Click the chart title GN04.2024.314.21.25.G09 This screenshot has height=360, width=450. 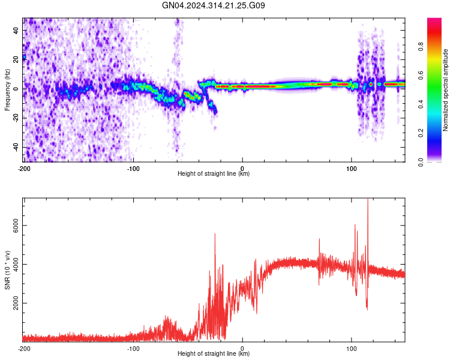[x=214, y=5]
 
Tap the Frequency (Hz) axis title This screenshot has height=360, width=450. [x=8, y=89]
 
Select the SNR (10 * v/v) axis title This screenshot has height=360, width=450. [x=8, y=269]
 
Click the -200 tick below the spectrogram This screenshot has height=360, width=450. [x=24, y=168]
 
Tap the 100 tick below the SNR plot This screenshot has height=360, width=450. [x=352, y=348]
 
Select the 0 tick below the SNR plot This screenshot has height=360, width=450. [x=242, y=348]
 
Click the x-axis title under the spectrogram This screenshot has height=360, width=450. [x=214, y=174]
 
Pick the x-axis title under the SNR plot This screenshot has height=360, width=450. [x=214, y=354]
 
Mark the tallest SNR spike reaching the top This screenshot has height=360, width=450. [x=368, y=202]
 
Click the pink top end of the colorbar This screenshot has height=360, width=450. [x=434, y=22]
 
